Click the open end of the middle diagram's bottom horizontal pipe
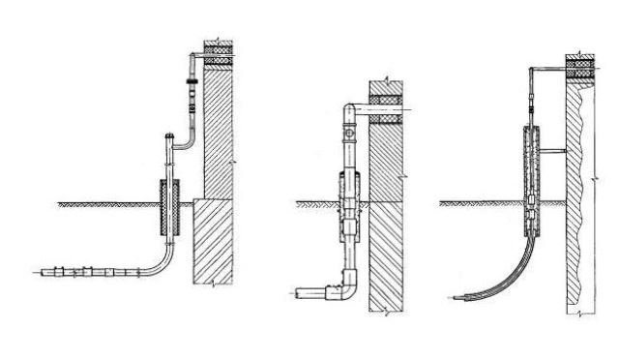tap(301, 289)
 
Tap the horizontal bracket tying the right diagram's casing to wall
tap(554, 151)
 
